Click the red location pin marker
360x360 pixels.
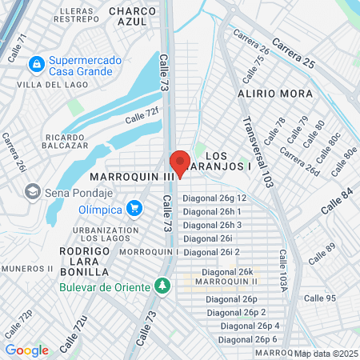[x=180, y=162]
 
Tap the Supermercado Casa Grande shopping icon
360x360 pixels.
[x=35, y=62]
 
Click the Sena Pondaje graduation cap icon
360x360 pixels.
[x=33, y=191]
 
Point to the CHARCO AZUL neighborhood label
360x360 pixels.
[x=131, y=17]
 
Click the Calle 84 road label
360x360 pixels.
[x=336, y=198]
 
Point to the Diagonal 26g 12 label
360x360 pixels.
[x=214, y=198]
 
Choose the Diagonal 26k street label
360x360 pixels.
[x=227, y=272]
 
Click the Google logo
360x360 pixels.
[x=26, y=350]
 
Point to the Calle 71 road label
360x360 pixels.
[x=17, y=49]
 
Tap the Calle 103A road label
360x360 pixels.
[x=284, y=268]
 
